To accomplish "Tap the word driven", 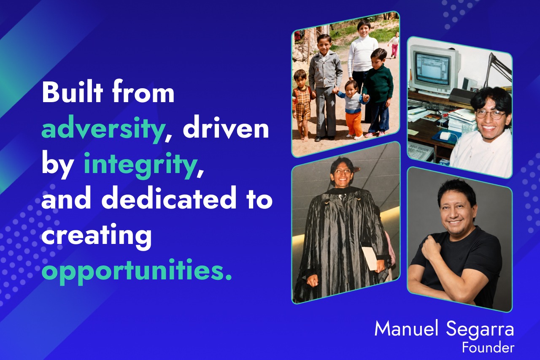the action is (x=226, y=127).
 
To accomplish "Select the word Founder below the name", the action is (x=488, y=348).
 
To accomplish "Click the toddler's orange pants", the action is (x=354, y=123).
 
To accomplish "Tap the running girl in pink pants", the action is (x=394, y=45).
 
